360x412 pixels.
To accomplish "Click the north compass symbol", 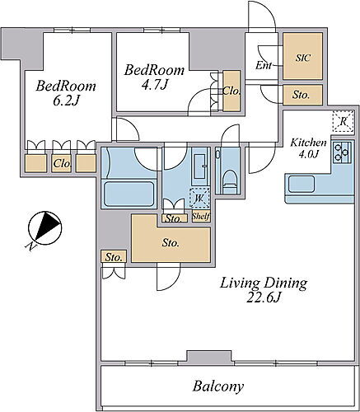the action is click(45, 227).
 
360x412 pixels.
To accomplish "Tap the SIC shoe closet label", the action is click(303, 58).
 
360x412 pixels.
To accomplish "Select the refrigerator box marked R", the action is click(343, 121).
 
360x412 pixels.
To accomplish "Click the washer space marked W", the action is click(199, 198).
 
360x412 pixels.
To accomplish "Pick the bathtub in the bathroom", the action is click(129, 194).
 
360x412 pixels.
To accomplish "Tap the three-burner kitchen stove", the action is click(343, 152).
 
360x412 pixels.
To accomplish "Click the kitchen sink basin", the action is click(302, 185).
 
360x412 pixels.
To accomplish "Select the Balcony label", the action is click(218, 386).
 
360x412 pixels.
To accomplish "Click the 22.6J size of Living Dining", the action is click(263, 297).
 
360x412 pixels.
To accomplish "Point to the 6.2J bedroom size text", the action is click(66, 101).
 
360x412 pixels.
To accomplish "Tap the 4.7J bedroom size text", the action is click(154, 85).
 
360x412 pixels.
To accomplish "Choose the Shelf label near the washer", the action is click(201, 217).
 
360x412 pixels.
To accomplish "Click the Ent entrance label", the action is click(264, 65).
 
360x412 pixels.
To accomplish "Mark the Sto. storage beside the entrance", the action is click(301, 95).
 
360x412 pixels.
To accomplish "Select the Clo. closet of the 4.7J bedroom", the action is click(231, 91).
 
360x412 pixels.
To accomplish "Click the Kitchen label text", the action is click(309, 143).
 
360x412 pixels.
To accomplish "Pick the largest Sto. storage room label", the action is click(171, 243).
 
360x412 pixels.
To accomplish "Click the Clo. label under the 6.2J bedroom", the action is click(63, 164).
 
